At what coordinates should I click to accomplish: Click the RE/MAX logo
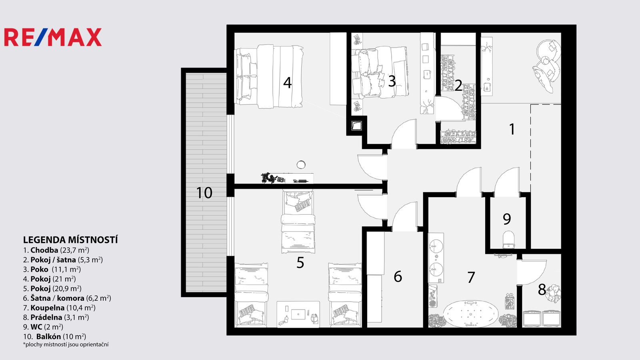pos(53,37)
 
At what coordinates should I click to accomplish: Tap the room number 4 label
pos(287,82)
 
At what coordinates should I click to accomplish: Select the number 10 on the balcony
pos(204,193)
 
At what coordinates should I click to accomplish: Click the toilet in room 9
pos(508,240)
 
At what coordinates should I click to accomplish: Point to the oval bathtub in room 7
pos(471,314)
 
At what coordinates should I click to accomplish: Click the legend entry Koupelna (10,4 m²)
pos(59,308)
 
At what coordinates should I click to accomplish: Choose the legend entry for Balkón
pos(54,336)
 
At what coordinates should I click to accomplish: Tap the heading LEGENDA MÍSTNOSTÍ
pos(70,240)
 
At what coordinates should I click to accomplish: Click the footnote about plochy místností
pos(66,344)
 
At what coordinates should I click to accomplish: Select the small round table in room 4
pos(301,164)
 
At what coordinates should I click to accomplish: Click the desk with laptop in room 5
pos(298,314)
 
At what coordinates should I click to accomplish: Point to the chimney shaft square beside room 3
pos(356,126)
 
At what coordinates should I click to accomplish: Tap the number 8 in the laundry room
pos(542,290)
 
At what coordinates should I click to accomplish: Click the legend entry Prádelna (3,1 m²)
pos(56,318)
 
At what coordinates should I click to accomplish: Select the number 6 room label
pos(398,276)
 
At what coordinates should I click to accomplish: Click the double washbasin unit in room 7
pos(436,258)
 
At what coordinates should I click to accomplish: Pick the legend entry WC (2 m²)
pos(43,327)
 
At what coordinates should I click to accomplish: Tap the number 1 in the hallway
pos(512,129)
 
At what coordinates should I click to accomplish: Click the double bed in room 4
pos(269,76)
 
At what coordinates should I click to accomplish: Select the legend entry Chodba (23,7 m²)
pos(56,250)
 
